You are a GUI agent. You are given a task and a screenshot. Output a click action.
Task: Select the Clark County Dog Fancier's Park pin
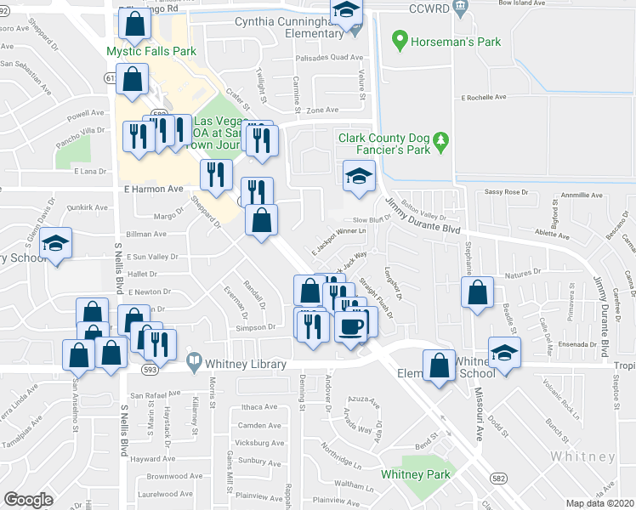click(x=440, y=140)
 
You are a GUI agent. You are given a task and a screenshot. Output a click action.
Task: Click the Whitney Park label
click(x=414, y=474)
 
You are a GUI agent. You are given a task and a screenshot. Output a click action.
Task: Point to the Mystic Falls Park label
click(x=151, y=51)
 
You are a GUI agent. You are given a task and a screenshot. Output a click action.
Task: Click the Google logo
click(x=28, y=500)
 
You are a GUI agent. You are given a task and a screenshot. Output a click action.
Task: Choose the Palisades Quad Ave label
click(x=329, y=58)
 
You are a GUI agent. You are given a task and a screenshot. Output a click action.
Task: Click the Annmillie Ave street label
click(x=581, y=195)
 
